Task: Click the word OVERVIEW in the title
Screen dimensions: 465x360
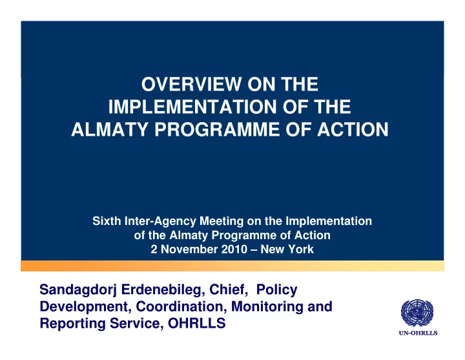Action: point(191,84)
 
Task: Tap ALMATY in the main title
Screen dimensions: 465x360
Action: point(109,130)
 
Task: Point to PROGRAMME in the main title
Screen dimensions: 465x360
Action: point(217,130)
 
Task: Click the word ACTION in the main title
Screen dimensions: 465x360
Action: point(353,130)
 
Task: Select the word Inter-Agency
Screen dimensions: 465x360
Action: point(160,222)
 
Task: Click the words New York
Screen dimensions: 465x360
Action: point(287,249)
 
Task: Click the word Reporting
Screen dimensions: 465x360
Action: point(72,324)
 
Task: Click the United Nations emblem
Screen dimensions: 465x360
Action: point(417,313)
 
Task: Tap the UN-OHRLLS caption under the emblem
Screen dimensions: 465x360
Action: point(418,333)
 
